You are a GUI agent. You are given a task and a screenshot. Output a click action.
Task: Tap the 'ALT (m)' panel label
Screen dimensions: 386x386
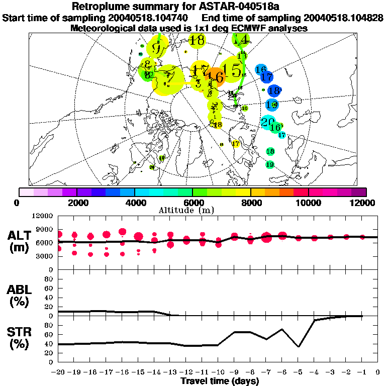point(21,241)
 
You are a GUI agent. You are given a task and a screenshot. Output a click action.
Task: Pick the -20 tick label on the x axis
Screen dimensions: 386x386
point(58,372)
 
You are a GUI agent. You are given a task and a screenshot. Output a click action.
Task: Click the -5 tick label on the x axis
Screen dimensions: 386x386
point(299,372)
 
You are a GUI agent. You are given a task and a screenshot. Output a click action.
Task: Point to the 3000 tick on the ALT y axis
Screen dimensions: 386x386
point(44,256)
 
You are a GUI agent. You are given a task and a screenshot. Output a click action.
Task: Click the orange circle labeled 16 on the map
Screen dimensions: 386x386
point(217,77)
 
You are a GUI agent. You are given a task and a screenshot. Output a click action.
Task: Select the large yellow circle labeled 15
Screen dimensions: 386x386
point(232,70)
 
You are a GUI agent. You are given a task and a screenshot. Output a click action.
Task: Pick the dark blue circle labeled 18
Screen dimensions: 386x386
point(274,91)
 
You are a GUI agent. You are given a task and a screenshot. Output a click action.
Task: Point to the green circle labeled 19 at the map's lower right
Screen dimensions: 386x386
point(270,164)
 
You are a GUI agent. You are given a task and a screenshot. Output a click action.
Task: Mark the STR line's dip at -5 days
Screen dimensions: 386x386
point(299,346)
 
